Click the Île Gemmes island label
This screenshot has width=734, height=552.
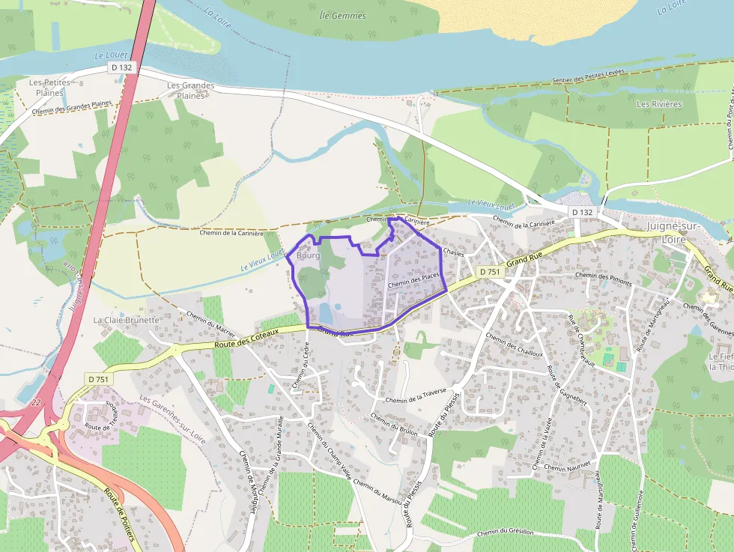coord(342,15)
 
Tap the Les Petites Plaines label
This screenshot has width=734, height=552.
coord(49,87)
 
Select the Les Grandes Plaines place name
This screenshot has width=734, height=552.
coord(190,90)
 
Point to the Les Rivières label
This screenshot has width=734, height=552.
coord(659,104)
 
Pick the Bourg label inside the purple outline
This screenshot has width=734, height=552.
coord(308,255)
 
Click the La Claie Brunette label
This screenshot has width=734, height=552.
coord(127,320)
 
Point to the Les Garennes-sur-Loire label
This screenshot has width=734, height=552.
coord(172,419)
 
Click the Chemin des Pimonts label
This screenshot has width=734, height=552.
coord(605,276)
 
